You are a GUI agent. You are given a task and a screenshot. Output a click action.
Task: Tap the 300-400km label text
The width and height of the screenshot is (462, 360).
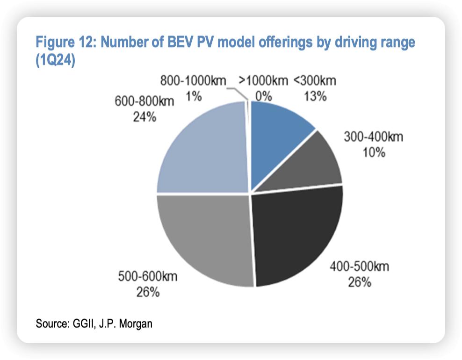[x=373, y=137]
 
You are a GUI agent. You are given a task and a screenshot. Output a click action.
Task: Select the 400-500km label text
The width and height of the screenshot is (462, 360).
[x=359, y=267]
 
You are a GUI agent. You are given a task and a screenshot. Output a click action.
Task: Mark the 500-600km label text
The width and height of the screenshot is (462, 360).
[x=148, y=276]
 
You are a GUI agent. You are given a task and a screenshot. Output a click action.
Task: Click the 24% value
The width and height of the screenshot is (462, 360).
[x=144, y=117]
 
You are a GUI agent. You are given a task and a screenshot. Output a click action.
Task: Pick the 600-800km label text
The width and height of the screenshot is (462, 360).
[x=144, y=101]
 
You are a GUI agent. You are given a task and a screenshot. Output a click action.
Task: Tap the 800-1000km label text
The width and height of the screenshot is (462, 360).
[x=193, y=81]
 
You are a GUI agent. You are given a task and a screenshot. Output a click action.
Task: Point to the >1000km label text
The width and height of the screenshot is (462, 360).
[x=263, y=81]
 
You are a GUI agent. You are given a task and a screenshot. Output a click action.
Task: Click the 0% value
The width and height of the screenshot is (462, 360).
[x=263, y=97]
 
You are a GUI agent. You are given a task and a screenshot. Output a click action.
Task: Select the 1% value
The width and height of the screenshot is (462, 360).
[x=194, y=97]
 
